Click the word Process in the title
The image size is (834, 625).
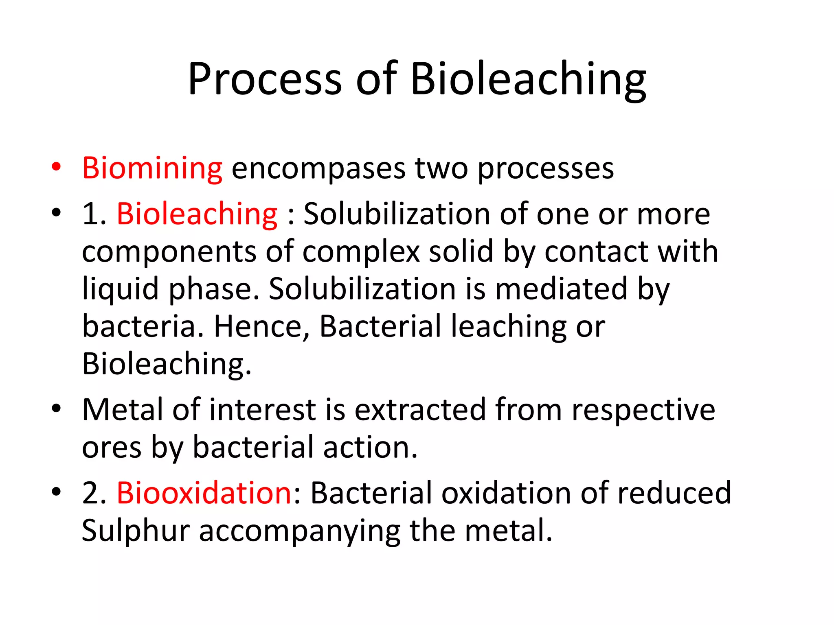tap(264, 79)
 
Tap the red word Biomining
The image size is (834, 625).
tap(152, 168)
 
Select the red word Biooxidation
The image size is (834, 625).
tap(204, 493)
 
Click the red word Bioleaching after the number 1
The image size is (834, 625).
tap(197, 214)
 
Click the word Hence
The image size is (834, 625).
tap(261, 326)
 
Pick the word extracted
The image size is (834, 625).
tap(420, 410)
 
